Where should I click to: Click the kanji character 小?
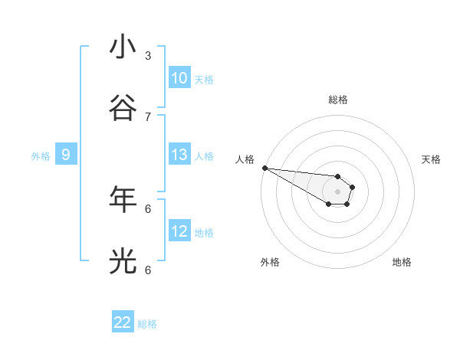tap(123, 47)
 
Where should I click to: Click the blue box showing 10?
tap(179, 78)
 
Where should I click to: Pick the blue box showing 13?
tap(179, 155)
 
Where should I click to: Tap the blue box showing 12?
tap(179, 231)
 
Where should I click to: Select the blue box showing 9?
tap(66, 155)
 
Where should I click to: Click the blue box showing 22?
tap(123, 322)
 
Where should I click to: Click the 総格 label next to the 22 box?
tap(147, 324)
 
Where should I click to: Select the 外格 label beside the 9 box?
tap(41, 156)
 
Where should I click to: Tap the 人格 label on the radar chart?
tap(245, 159)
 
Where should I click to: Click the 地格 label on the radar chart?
tap(402, 262)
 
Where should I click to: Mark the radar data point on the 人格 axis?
tap(264, 168)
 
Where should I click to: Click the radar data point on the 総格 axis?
tap(337, 176)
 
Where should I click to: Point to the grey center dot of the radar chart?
tap(337, 191)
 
